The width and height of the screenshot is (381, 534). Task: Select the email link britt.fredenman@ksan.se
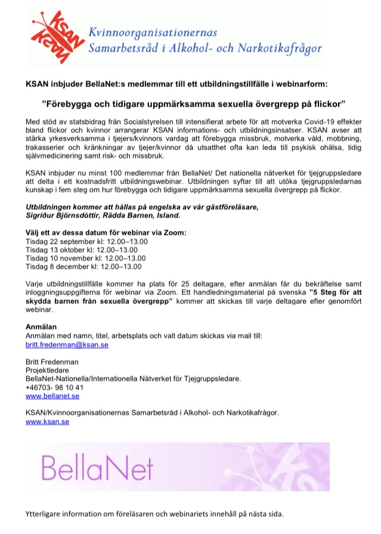tap(67, 345)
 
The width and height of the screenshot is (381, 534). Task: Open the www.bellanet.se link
tap(53, 396)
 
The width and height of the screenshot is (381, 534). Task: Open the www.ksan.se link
tap(48, 421)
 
